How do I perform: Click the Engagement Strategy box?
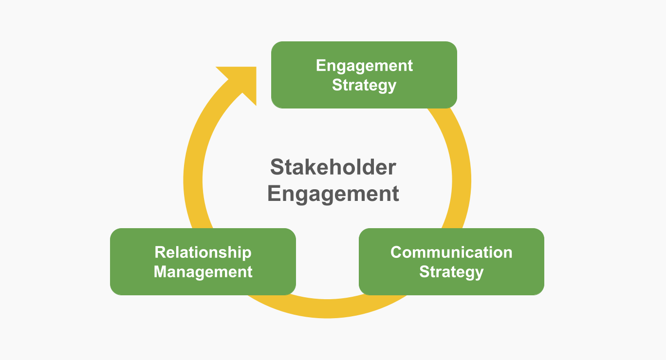click(364, 97)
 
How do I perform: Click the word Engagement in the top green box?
click(364, 66)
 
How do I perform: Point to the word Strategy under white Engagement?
click(364, 85)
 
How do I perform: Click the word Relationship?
click(203, 252)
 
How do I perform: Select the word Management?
click(203, 271)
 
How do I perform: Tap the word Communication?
click(451, 252)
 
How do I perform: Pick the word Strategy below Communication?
click(451, 271)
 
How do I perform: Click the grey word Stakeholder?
click(333, 167)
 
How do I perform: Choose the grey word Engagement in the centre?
click(333, 194)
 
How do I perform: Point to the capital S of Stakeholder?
click(277, 167)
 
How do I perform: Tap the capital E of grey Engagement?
click(274, 193)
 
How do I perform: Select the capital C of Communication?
click(397, 252)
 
